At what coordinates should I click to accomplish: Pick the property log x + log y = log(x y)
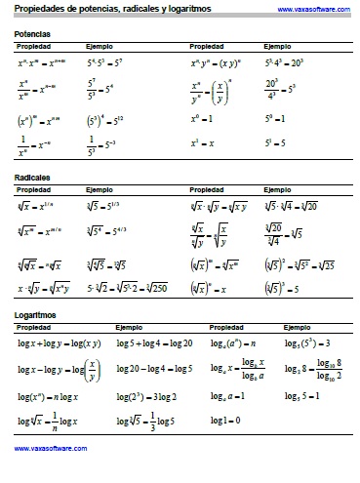pyautogui.click(x=53, y=343)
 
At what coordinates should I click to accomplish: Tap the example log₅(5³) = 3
pyautogui.click(x=307, y=343)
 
